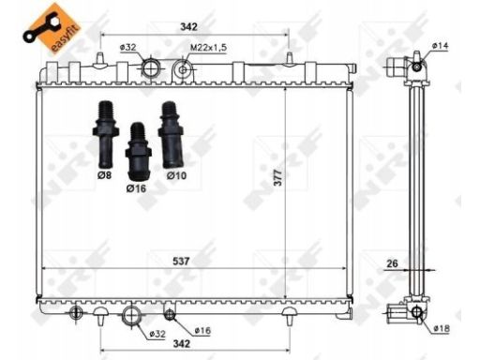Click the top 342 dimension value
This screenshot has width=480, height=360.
(188, 27)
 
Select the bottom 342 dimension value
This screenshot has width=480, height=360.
(182, 344)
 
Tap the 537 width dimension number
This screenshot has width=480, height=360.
(181, 261)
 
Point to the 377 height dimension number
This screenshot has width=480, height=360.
(277, 178)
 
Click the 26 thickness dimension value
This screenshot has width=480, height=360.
(392, 263)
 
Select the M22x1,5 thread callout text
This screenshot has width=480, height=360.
(209, 48)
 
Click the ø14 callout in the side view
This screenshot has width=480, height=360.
(441, 46)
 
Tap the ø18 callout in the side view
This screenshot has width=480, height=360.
(442, 328)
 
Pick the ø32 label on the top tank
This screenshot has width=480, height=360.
(127, 48)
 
